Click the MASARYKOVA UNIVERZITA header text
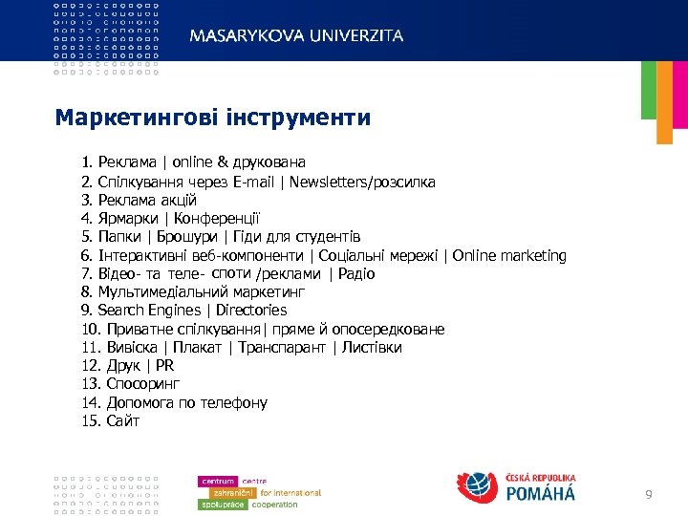pos(296,35)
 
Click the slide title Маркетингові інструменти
pos(212,118)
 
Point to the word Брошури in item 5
pos(186,237)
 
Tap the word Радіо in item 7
pos(356,274)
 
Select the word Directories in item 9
pos(251,311)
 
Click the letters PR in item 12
pos(164,366)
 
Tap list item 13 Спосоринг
pos(134,384)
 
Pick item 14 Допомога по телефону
pos(175,403)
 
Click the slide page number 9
pos(650,494)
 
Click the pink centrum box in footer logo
pos(218,481)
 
